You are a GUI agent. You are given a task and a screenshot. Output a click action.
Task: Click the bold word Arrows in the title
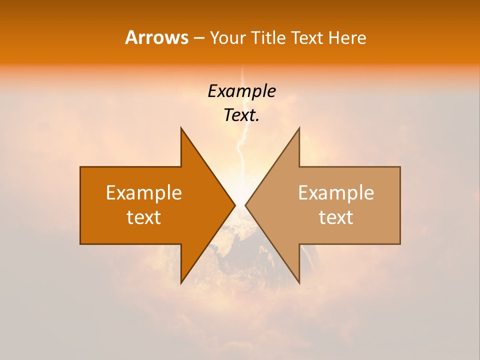(x=156, y=37)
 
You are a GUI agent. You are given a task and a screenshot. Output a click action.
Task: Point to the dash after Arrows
(x=198, y=38)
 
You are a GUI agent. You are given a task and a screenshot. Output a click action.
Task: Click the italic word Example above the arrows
(x=241, y=91)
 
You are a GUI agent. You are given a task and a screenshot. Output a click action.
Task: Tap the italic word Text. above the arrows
(x=241, y=115)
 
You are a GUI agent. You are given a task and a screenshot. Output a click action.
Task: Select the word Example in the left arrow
(x=144, y=193)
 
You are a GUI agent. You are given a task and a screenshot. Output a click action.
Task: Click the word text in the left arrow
(x=144, y=217)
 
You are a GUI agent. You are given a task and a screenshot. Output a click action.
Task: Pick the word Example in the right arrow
(x=336, y=193)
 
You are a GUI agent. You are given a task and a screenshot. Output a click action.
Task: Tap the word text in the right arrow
(x=336, y=217)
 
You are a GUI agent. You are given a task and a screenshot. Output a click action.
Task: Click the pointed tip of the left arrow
(x=234, y=205)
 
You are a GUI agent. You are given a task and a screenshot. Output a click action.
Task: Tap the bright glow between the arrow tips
(x=240, y=192)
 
